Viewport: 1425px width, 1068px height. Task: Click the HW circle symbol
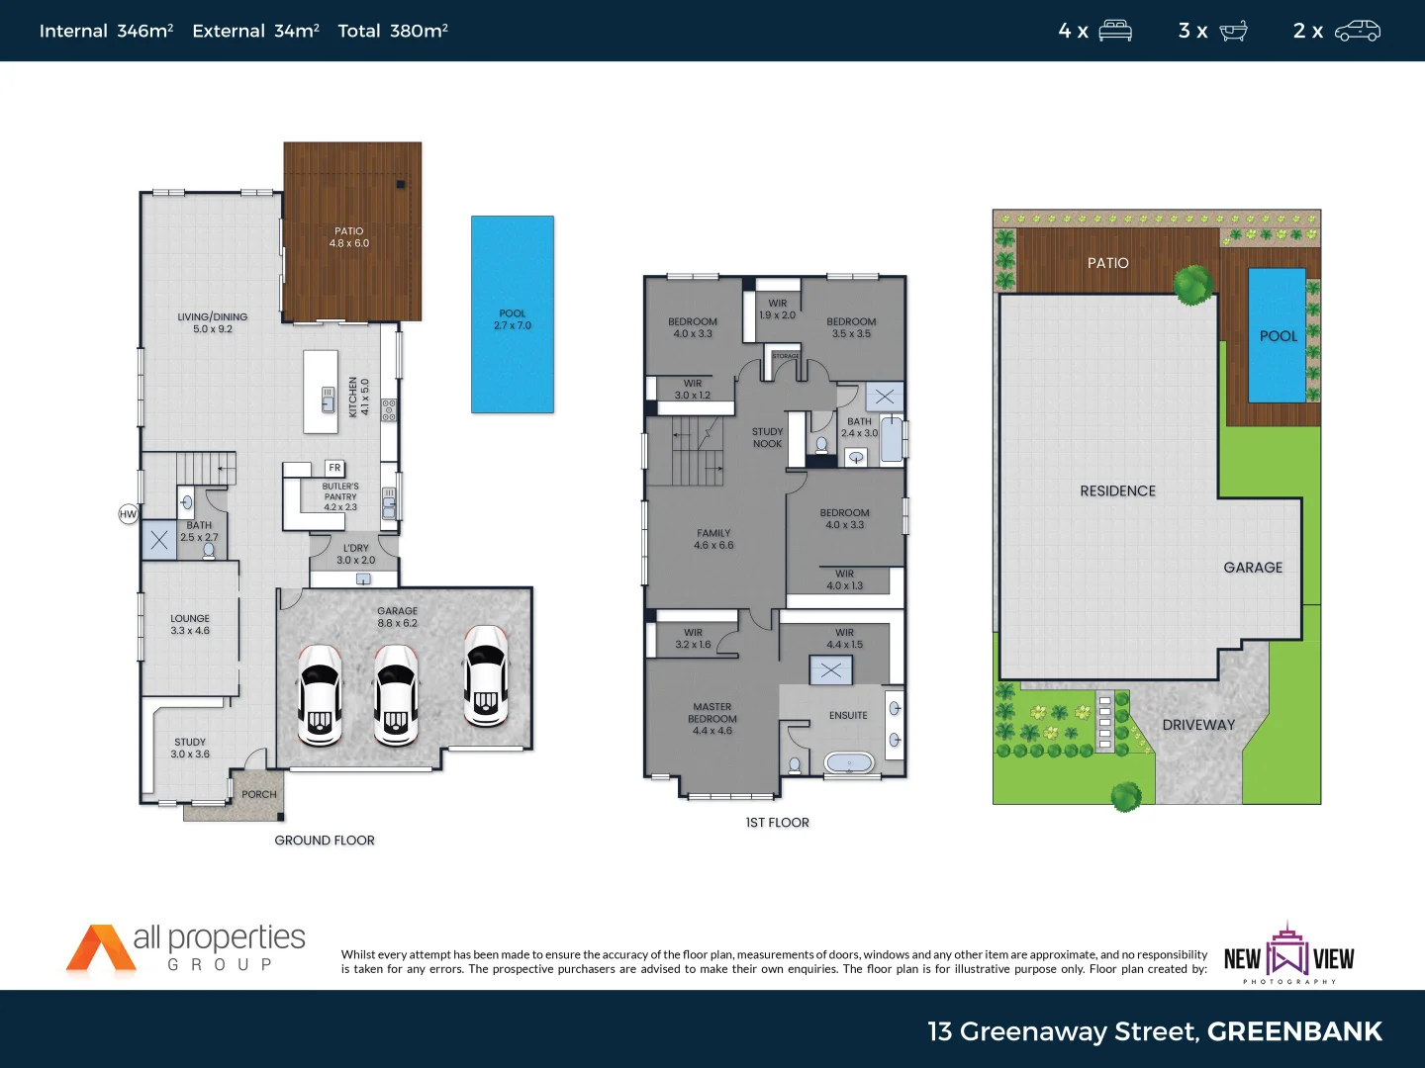[128, 514]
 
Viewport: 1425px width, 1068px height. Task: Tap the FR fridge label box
[334, 468]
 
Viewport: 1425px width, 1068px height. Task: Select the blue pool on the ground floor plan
[512, 314]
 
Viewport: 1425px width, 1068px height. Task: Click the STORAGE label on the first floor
[786, 356]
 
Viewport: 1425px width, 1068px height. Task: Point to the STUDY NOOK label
[767, 438]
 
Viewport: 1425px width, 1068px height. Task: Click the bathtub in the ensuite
[849, 763]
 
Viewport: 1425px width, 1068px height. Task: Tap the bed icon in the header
[1115, 31]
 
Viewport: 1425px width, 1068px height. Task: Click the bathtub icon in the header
[1233, 31]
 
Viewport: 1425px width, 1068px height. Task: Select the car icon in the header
[1357, 31]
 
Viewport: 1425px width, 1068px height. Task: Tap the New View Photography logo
[1288, 955]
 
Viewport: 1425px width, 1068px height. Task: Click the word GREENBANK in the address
[1294, 1031]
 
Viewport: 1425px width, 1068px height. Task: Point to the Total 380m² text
[393, 31]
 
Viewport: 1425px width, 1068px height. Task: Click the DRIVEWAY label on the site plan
[1198, 725]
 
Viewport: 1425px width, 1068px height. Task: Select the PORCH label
[259, 794]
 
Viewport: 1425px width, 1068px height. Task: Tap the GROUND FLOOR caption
[325, 841]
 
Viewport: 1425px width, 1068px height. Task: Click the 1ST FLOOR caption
[777, 823]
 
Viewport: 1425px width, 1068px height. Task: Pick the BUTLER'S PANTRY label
[340, 496]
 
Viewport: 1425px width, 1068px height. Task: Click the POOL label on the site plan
[1278, 336]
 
